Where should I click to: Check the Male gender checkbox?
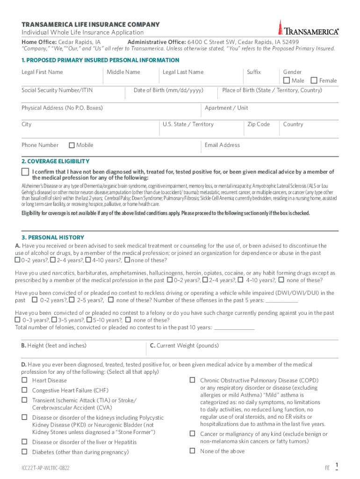pyautogui.click(x=287, y=80)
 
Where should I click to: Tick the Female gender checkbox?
pyautogui.click(x=314, y=80)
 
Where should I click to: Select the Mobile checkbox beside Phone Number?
pyautogui.click(x=72, y=145)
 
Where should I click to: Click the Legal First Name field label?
pyautogui.click(x=42, y=72)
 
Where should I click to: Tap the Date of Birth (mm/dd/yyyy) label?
pyautogui.click(x=168, y=90)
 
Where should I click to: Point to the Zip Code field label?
pyautogui.click(x=259, y=124)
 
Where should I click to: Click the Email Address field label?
pyautogui.click(x=222, y=145)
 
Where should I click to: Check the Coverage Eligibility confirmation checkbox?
pyautogui.click(x=25, y=172)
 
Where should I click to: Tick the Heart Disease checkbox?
pyautogui.click(x=23, y=380)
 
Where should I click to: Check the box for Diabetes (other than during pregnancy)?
pyautogui.click(x=23, y=452)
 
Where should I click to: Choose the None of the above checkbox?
pyautogui.click(x=192, y=451)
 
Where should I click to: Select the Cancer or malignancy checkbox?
pyautogui.click(x=192, y=434)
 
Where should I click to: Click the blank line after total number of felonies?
pyautogui.click(x=234, y=328)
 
